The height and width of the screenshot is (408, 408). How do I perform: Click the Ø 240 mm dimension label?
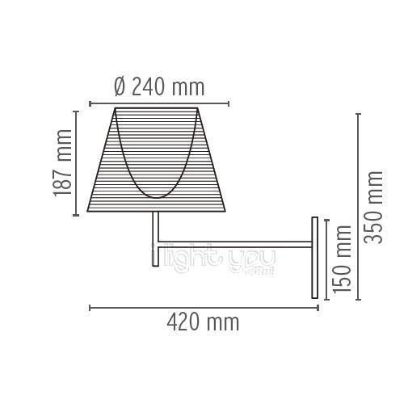159,86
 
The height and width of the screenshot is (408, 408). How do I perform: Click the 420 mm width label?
203,322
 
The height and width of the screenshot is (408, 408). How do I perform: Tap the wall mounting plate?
316,256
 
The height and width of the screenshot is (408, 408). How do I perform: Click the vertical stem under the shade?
154,239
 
